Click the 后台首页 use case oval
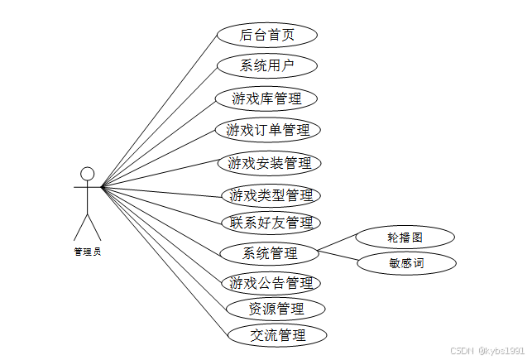tap(267, 35)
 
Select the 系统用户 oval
tap(267, 65)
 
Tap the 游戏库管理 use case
tap(266, 98)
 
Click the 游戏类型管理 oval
tap(271, 195)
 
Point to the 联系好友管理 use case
tap(271, 222)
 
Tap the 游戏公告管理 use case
tap(271, 282)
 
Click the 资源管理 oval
tap(276, 309)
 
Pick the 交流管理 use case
tap(277, 335)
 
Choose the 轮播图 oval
tap(405, 237)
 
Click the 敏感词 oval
tap(406, 264)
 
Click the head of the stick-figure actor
tap(87, 174)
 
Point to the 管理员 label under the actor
tap(87, 251)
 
